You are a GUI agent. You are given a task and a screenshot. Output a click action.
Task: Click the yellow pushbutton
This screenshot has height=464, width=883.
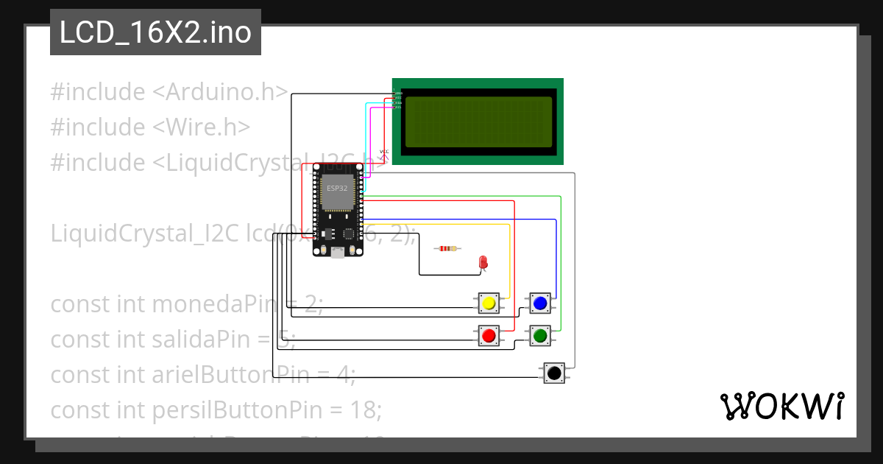pyautogui.click(x=489, y=303)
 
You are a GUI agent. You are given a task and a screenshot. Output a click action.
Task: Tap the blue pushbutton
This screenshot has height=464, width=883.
pyautogui.click(x=540, y=303)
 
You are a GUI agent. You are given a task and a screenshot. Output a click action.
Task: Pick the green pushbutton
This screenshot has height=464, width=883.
pyautogui.click(x=540, y=336)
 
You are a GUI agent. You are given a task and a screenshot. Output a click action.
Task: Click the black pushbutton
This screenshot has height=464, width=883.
pyautogui.click(x=554, y=373)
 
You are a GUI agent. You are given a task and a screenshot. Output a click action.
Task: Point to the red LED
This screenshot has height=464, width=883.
pyautogui.click(x=483, y=262)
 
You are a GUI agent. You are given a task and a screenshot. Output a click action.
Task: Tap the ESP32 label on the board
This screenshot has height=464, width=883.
pyautogui.click(x=338, y=189)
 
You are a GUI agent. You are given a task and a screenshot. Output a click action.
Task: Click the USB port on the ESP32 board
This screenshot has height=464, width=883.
pyautogui.click(x=338, y=252)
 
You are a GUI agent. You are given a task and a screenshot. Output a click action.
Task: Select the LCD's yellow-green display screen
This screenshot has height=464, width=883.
pyautogui.click(x=478, y=122)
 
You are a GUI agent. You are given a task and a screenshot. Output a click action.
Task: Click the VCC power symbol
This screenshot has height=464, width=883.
pyautogui.click(x=383, y=154)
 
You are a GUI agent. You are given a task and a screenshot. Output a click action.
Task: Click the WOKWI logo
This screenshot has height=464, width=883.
pyautogui.click(x=781, y=406)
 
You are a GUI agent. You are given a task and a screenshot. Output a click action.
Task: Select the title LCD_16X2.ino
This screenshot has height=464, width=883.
pyautogui.click(x=155, y=32)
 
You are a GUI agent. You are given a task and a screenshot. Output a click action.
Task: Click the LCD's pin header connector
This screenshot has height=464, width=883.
pyautogui.click(x=397, y=99)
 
